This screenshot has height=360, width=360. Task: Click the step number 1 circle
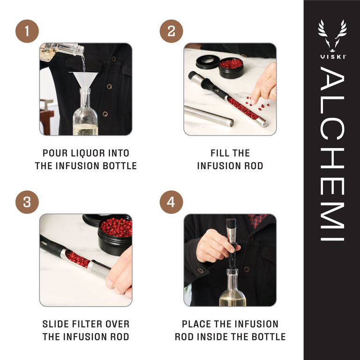pyautogui.click(x=27, y=31)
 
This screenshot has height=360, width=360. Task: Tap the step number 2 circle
pyautogui.click(x=171, y=31)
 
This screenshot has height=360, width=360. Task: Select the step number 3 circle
pyautogui.click(x=27, y=202)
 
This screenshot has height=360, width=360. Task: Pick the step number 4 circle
pyautogui.click(x=171, y=202)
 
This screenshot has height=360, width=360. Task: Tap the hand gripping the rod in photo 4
pyautogui.click(x=213, y=246)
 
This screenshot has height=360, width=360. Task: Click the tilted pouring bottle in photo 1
pyautogui.click(x=61, y=51)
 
